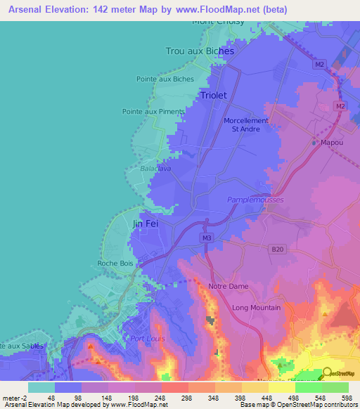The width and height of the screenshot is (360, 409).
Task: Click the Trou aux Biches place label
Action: coord(199,51)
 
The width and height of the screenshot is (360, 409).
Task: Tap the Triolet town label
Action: coord(214,94)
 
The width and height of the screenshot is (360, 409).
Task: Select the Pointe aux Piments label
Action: coord(153,111)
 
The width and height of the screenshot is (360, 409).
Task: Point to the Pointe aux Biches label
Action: coord(165,79)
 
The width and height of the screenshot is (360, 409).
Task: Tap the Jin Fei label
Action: coord(146,224)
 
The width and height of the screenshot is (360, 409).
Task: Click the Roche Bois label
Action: coord(115,264)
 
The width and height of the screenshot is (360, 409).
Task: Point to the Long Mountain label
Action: coord(256,308)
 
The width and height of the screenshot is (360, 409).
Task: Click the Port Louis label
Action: coord(146,338)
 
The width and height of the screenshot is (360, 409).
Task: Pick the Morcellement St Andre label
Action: coord(246,124)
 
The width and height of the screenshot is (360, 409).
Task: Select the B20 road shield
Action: coord(278,248)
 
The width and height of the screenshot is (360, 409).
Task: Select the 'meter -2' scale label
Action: coord(15,398)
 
